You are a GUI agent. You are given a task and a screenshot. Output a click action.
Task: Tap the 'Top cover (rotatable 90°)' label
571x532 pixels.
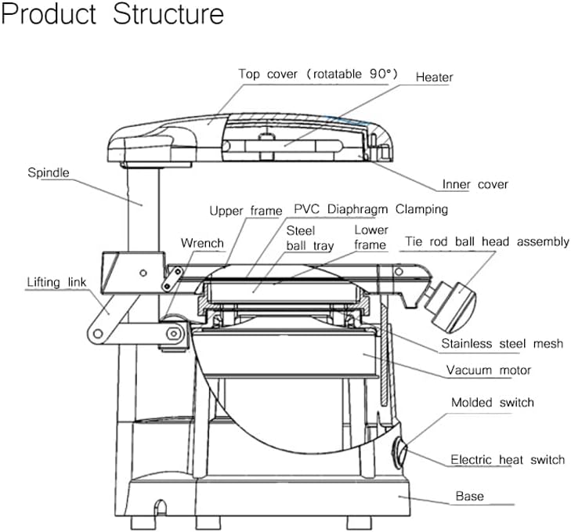tap(318, 74)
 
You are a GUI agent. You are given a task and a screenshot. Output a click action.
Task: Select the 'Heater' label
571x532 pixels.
tap(434, 78)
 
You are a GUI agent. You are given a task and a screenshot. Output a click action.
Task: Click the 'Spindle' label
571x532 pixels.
tap(49, 172)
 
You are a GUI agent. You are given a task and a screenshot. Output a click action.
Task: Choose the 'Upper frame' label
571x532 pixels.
tap(245, 211)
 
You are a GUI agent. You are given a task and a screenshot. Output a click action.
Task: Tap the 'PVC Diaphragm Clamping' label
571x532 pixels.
tap(370, 210)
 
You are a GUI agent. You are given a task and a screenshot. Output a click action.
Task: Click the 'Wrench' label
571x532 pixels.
tap(202, 243)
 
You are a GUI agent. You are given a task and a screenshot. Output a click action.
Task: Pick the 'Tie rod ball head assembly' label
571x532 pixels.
tap(486, 242)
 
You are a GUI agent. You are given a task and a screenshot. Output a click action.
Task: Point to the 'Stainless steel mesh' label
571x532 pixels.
tap(501, 343)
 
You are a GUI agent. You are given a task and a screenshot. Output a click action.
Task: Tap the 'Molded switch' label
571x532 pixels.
tap(492, 403)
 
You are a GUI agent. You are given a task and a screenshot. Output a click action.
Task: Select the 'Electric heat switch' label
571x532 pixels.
tap(507, 460)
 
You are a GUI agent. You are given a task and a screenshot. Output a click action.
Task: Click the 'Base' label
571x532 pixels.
tap(470, 496)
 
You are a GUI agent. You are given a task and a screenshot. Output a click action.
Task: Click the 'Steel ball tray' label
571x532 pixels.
tap(301, 238)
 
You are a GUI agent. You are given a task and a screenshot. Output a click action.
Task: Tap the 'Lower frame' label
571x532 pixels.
tap(370, 237)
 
